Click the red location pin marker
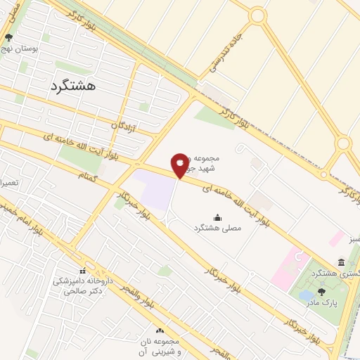coord(180,165)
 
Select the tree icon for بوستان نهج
coord(8,38)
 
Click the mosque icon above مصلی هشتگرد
coord(217,217)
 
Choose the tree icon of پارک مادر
coord(321,291)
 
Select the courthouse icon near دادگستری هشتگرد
coord(341,262)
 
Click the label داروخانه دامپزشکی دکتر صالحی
coord(82,285)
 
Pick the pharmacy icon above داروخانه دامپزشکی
coord(83,271)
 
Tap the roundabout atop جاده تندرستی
coord(257,15)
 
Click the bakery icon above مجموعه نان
coord(160,330)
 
